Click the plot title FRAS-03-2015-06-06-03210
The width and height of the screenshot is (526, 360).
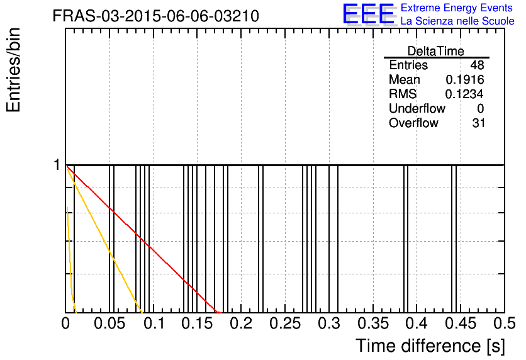coord(155,16)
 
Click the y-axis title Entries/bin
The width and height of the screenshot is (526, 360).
coord(14,70)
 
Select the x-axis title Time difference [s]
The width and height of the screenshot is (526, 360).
coord(430,346)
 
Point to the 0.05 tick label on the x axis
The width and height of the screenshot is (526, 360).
coord(109,323)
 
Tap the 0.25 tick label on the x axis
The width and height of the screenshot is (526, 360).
coord(285,323)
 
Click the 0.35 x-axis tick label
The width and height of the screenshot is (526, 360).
coord(373,323)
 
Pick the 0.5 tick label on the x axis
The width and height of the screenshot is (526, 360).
coord(504,323)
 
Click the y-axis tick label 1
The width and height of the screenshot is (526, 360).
coord(57,165)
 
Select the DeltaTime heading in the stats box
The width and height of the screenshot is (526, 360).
coord(436,51)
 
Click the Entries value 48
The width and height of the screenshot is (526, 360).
coord(477,65)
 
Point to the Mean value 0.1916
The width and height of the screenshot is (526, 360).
coord(464,79)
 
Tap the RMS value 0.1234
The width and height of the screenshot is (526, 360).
coord(464,94)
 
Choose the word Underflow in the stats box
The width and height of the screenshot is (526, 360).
coord(417,108)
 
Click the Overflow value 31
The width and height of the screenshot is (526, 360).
coord(479,123)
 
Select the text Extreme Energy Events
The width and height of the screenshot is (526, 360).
coord(457,8)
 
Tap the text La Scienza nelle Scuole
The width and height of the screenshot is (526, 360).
coord(457,21)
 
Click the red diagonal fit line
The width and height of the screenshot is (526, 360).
coord(143,240)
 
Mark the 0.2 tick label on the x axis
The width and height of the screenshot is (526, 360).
coord(241,323)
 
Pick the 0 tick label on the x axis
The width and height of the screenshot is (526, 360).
coord(65,323)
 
